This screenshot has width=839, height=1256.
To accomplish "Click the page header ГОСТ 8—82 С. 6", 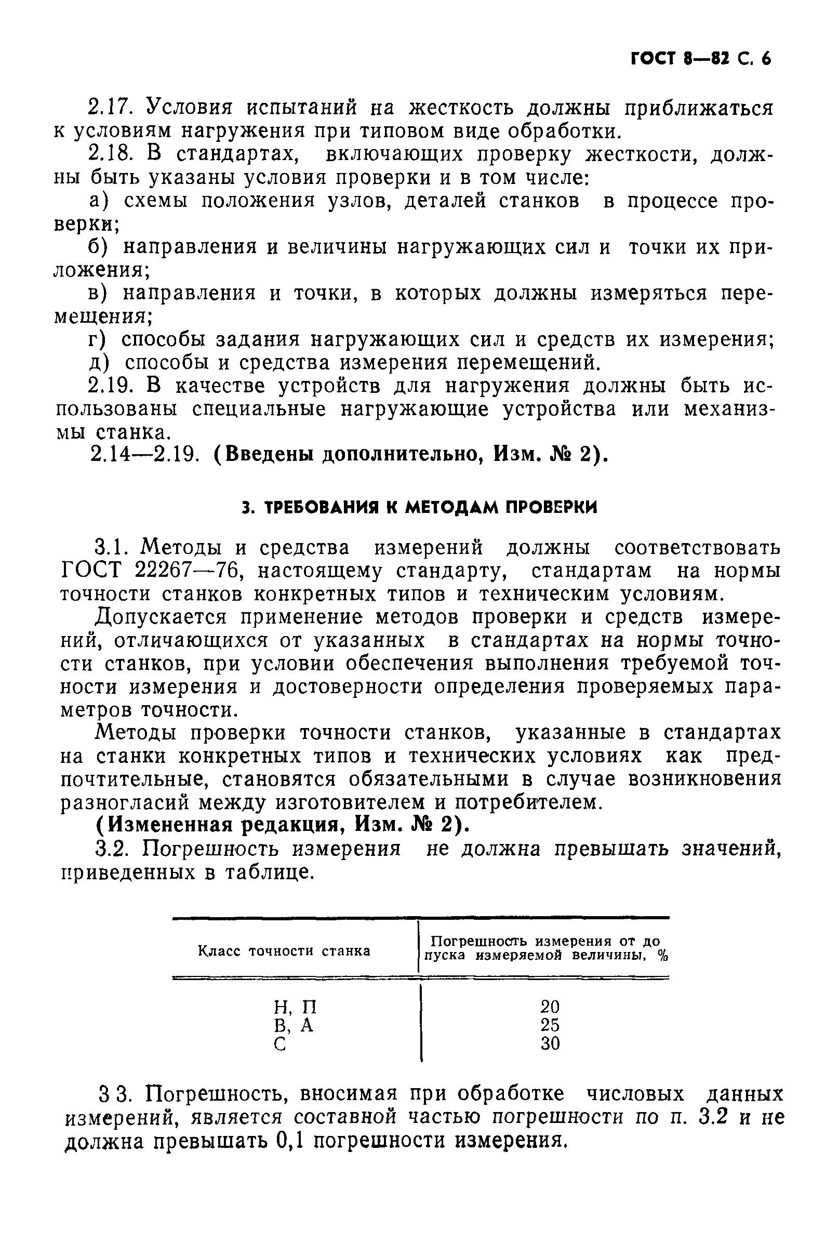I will click(x=701, y=58).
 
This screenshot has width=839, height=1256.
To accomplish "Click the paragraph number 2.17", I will click(x=109, y=107).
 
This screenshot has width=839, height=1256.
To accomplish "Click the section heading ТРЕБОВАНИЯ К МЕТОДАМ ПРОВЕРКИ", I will click(x=419, y=507).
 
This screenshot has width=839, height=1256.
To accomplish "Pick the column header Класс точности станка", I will click(x=284, y=951).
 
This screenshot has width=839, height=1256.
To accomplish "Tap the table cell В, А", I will click(x=293, y=1025).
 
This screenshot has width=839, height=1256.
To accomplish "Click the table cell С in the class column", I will click(x=279, y=1043).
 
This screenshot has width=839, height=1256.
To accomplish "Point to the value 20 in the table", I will click(x=550, y=1007).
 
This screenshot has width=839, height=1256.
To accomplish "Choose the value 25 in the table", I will click(x=550, y=1025).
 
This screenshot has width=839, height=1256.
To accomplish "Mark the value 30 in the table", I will click(x=550, y=1043).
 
